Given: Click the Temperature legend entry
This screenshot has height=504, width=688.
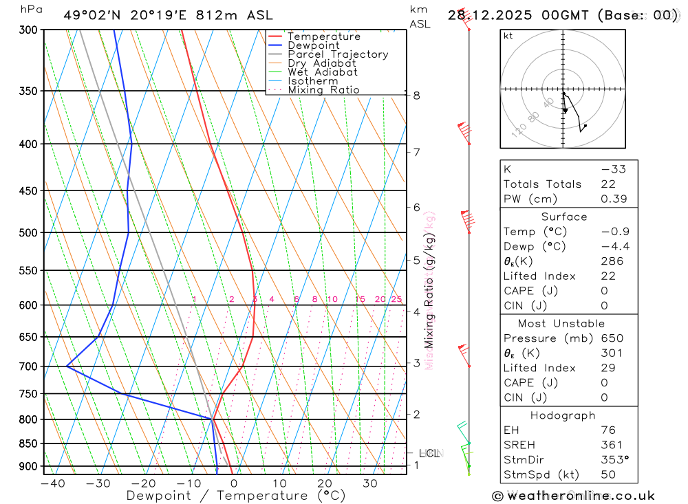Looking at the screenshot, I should [323, 37].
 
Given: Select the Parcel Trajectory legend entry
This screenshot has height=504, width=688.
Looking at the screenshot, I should [338, 54].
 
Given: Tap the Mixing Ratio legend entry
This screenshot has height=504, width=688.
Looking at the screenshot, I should [323, 90].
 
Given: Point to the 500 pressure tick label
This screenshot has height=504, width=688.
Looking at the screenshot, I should [28, 233].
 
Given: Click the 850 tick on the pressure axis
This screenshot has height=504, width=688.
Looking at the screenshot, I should [28, 443].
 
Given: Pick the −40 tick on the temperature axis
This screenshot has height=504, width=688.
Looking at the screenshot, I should [53, 483].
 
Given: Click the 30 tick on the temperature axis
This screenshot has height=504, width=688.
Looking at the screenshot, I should [370, 483].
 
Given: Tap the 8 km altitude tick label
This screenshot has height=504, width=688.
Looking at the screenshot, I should [417, 96].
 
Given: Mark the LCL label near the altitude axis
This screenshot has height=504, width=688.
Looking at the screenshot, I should [429, 453].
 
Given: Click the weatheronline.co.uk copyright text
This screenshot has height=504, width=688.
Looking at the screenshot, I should [573, 496].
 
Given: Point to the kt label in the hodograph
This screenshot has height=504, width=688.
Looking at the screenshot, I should [508, 36].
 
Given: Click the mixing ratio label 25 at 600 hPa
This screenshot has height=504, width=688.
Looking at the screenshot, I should [396, 299].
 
